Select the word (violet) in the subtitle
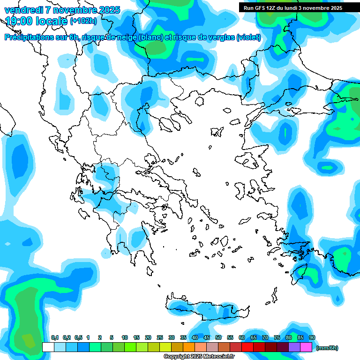(248, 37)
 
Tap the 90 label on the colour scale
(312, 337)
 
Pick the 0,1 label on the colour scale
(55, 337)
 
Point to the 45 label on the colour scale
(207, 337)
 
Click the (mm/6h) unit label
(327, 348)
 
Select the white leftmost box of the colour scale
(48, 347)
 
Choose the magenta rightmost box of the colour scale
(306, 347)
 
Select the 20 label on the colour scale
(148, 337)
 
